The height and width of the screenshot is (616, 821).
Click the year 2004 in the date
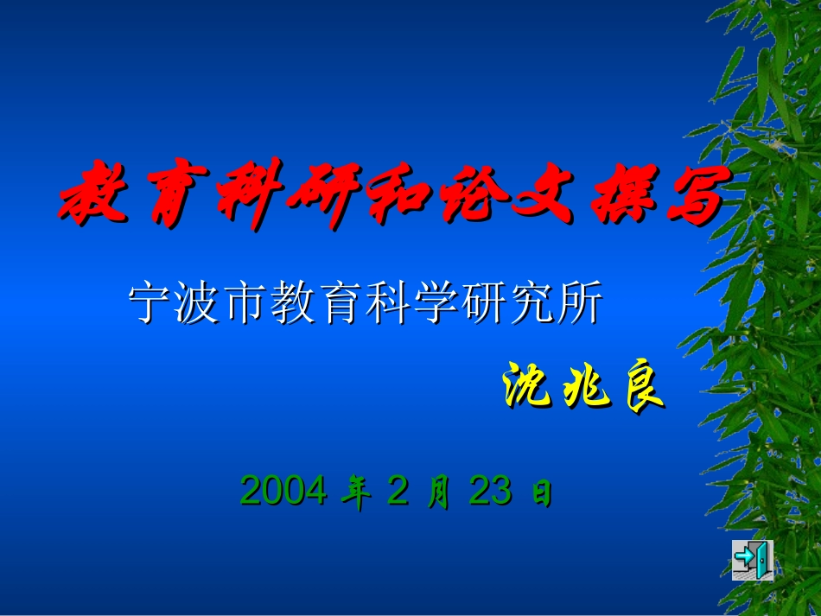283,491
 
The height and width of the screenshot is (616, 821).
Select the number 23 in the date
491,491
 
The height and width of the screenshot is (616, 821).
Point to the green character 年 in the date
354,492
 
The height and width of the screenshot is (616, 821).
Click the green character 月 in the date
439,492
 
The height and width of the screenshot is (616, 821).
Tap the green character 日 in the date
541,493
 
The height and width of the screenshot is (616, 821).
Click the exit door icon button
752,560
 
